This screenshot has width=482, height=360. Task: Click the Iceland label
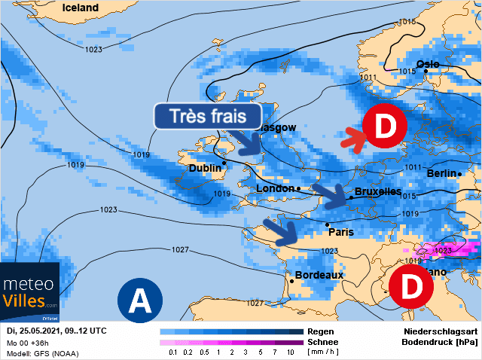(x=81, y=8)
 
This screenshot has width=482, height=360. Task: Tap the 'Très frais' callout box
(x=208, y=117)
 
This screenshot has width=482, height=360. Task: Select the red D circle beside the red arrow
(x=384, y=127)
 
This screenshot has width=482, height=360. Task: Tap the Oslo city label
(x=427, y=63)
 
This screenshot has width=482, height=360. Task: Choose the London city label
(x=275, y=188)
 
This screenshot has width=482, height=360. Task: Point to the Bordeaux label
(x=319, y=275)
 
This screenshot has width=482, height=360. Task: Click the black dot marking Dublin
(x=224, y=162)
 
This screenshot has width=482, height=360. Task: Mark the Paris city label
(x=340, y=232)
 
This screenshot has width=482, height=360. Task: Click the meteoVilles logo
(x=30, y=294)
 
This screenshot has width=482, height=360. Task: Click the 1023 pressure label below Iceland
(x=93, y=50)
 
